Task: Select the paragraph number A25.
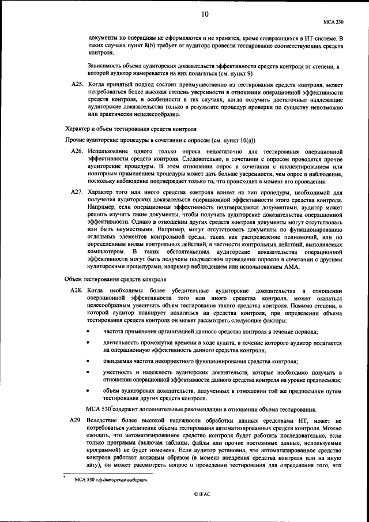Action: coord(77,84)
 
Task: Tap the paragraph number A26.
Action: coord(77,150)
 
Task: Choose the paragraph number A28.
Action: coord(77,291)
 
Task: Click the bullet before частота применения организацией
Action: coord(88,332)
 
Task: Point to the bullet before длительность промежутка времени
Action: coord(88,343)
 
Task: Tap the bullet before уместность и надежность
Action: coord(88,373)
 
